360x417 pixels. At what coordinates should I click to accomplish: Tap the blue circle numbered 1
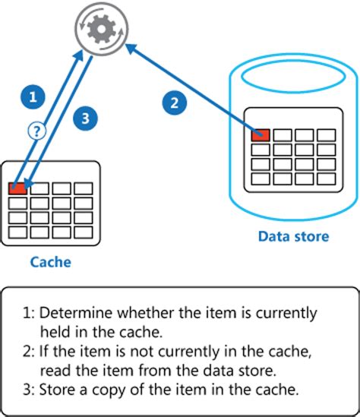tap(32, 96)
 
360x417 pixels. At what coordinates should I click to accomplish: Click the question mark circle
tap(36, 131)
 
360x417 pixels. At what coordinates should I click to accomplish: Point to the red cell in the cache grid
tap(17, 188)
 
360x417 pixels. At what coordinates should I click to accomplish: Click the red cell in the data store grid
tap(261, 135)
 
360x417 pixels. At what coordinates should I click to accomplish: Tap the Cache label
tap(50, 262)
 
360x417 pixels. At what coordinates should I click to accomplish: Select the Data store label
tap(292, 236)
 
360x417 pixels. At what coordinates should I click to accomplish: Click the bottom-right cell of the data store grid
tap(326, 179)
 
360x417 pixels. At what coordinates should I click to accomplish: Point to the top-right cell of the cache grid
tap(83, 188)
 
